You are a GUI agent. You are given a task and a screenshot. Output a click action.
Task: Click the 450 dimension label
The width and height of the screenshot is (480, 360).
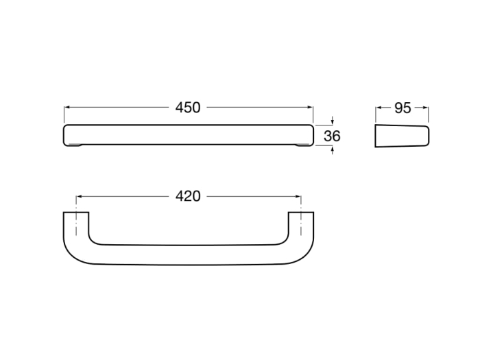pos(188,108)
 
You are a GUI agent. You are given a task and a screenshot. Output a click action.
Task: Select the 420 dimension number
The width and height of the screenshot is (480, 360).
pos(188,196)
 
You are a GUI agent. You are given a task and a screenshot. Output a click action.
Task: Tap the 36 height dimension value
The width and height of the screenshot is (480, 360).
pos(332,136)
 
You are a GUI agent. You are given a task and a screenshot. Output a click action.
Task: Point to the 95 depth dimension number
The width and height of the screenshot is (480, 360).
pos(403,108)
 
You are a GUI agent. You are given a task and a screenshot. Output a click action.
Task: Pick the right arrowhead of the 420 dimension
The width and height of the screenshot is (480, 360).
pos(298,197)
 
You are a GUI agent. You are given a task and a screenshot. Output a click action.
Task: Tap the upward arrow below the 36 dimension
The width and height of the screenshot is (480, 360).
pos(333,150)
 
